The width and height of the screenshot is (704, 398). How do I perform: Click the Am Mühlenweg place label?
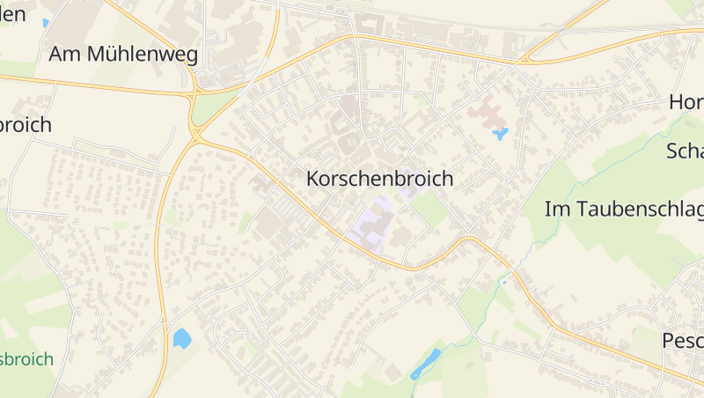point(123,55)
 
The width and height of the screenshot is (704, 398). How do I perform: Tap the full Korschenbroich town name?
point(379,179)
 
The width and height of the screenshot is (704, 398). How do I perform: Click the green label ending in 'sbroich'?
point(26,359)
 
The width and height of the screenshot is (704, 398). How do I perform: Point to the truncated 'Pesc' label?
point(683,341)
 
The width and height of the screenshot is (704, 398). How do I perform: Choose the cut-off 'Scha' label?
point(685,151)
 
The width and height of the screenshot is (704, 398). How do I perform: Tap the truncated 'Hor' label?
point(686,102)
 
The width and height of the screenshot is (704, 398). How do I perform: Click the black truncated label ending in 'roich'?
point(26,125)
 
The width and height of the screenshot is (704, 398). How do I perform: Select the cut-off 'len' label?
point(12,14)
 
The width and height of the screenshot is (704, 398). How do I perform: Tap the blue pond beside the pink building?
point(501,134)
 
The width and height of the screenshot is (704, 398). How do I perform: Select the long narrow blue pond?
point(426,364)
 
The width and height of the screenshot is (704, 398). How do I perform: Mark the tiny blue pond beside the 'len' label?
point(45,23)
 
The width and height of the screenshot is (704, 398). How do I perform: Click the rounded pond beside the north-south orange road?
point(182,338)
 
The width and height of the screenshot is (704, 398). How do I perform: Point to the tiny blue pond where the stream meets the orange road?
point(503,283)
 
